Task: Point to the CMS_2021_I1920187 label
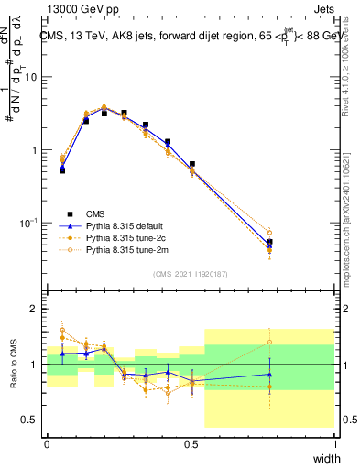coord(191,274)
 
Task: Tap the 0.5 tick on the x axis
coord(191,443)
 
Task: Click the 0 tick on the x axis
coord(47,443)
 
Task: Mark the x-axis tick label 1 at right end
coord(334,443)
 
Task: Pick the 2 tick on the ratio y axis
coord(35,309)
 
